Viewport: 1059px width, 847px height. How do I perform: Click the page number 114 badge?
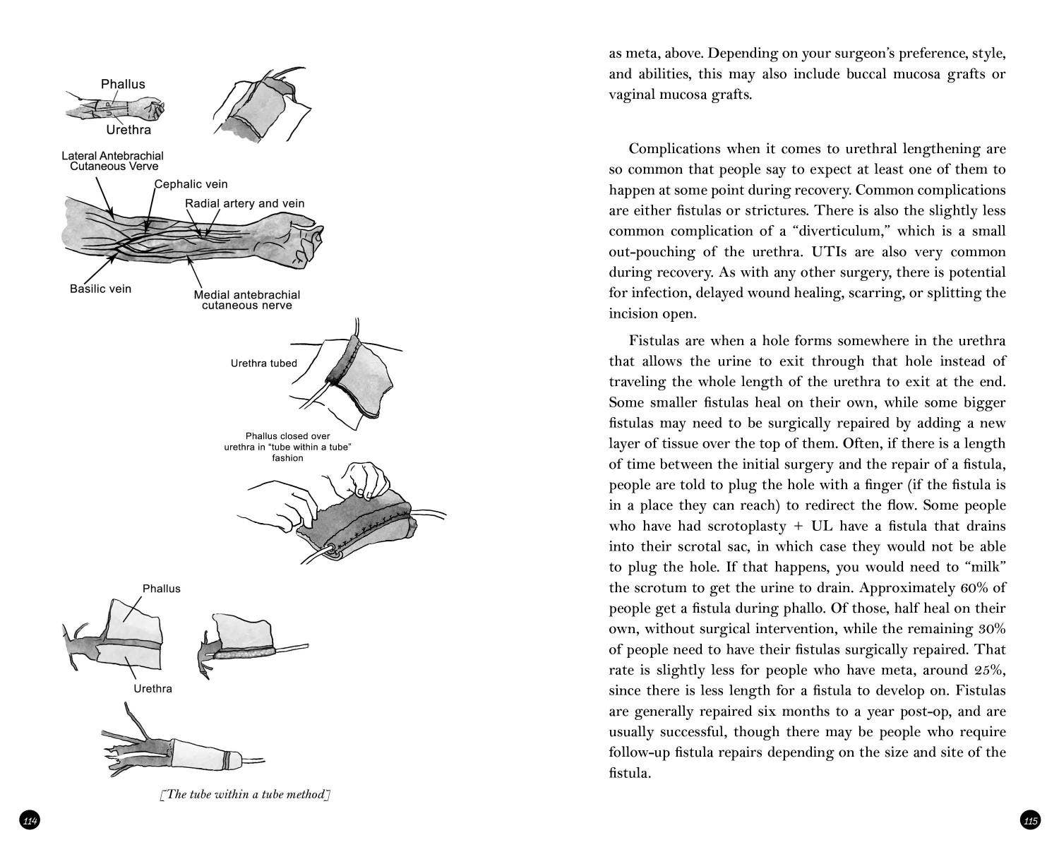pos(30,820)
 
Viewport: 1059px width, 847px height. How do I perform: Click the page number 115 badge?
pos(1030,820)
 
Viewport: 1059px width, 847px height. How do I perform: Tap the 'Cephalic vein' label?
pos(191,184)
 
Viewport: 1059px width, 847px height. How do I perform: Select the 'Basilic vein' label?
pos(100,289)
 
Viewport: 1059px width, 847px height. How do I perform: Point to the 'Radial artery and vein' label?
pos(245,203)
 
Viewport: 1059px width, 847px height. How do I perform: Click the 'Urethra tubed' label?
pos(263,364)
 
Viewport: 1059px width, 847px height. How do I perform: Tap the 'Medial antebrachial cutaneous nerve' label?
pos(247,300)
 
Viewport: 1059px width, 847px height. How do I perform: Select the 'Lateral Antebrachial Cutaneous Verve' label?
pos(113,161)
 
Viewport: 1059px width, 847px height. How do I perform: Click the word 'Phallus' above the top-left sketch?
pos(123,84)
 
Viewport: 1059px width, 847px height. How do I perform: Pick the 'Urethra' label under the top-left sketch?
pos(128,130)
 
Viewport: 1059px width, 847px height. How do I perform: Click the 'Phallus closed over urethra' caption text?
pos(287,447)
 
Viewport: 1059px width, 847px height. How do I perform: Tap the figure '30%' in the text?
pos(991,629)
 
